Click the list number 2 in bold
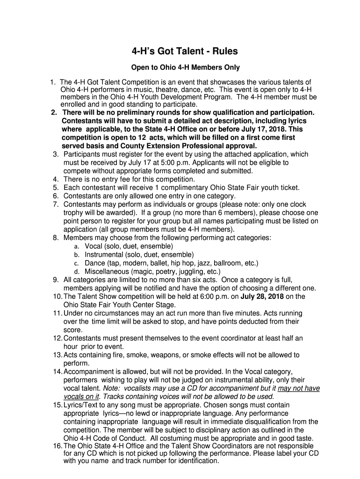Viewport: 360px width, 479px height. pos(54,113)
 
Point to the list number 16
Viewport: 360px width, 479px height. pos(58,446)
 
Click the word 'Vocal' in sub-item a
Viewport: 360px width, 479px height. pos(94,247)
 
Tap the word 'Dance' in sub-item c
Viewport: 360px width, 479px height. pos(94,263)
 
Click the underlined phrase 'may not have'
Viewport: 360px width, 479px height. pos(299,389)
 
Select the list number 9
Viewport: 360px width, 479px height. pos(56,280)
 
